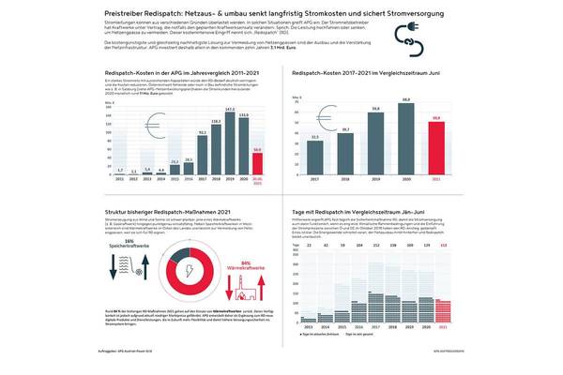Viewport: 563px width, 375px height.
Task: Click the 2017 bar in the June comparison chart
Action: coord(313,156)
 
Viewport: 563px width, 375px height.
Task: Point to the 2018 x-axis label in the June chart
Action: coord(345,179)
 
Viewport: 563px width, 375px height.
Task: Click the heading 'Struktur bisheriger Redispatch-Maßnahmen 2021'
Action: coord(160,212)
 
